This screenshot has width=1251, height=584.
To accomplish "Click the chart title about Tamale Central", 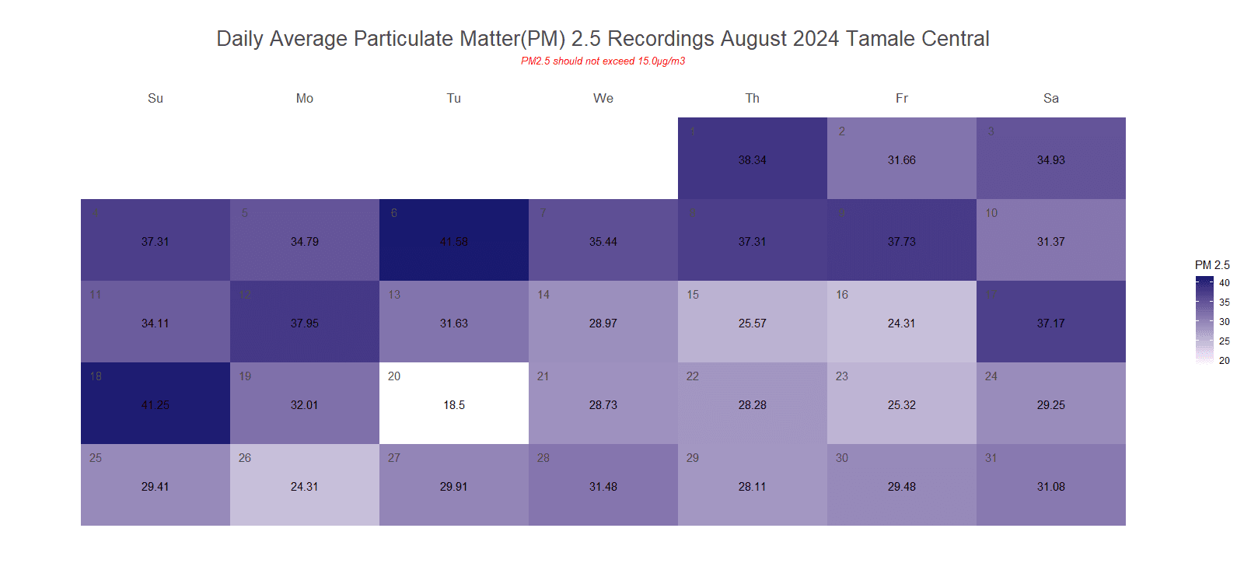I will pos(603,39).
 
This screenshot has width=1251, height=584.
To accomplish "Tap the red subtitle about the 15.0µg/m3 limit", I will pos(603,61).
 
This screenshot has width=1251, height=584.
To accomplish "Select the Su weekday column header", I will pos(156,99).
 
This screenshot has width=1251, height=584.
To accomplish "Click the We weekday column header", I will pos(603,99).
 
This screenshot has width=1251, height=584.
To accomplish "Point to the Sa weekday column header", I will pos(1051,99).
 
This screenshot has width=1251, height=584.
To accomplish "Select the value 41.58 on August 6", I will pos(454,242).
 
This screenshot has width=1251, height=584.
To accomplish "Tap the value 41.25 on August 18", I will pos(156,405).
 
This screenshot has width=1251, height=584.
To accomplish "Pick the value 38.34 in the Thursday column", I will pos(753,160).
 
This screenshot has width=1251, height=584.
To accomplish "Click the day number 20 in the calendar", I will pos(394,376).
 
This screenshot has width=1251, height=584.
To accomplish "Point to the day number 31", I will pos(991,458).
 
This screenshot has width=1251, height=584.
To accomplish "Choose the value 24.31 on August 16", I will pos(902,323).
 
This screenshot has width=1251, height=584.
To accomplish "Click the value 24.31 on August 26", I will pos(305,487).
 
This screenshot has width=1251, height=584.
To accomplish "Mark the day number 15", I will pos(693,295).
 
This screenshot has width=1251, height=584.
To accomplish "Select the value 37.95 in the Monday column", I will pos(305,323).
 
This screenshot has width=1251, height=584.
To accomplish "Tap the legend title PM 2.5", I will pos(1212,265).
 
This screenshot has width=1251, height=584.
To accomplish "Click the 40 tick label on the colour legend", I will pos(1225,283).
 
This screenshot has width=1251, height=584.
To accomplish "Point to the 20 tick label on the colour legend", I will pos(1225,361).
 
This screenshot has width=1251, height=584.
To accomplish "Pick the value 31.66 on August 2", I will pos(902,160).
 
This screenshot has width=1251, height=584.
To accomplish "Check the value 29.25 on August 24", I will pos(1051,405).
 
